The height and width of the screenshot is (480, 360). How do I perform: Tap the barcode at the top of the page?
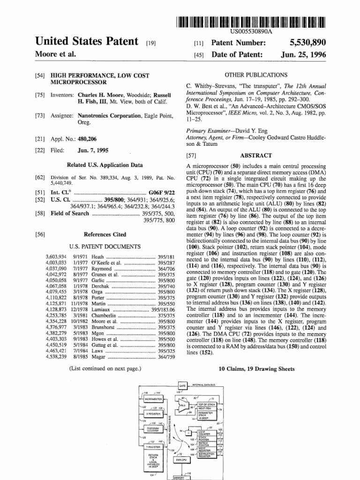pos(251,22)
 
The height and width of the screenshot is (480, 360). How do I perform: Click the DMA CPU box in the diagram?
pos(182,460)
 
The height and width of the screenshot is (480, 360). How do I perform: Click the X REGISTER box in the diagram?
pos(151,414)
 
